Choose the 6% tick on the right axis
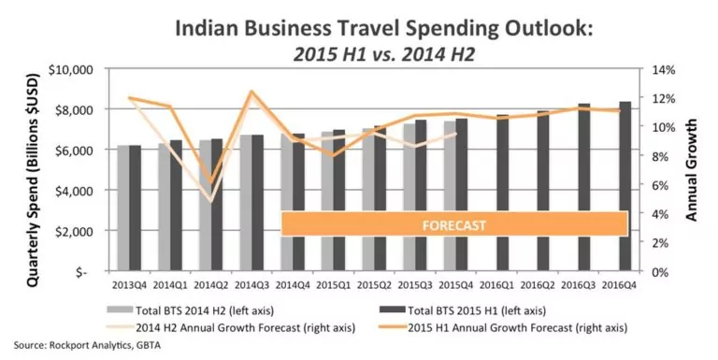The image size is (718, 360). click(652, 185)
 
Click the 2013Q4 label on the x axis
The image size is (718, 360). click(129, 284)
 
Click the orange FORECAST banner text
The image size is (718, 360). click(453, 224)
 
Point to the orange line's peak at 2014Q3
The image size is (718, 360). click(251, 92)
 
